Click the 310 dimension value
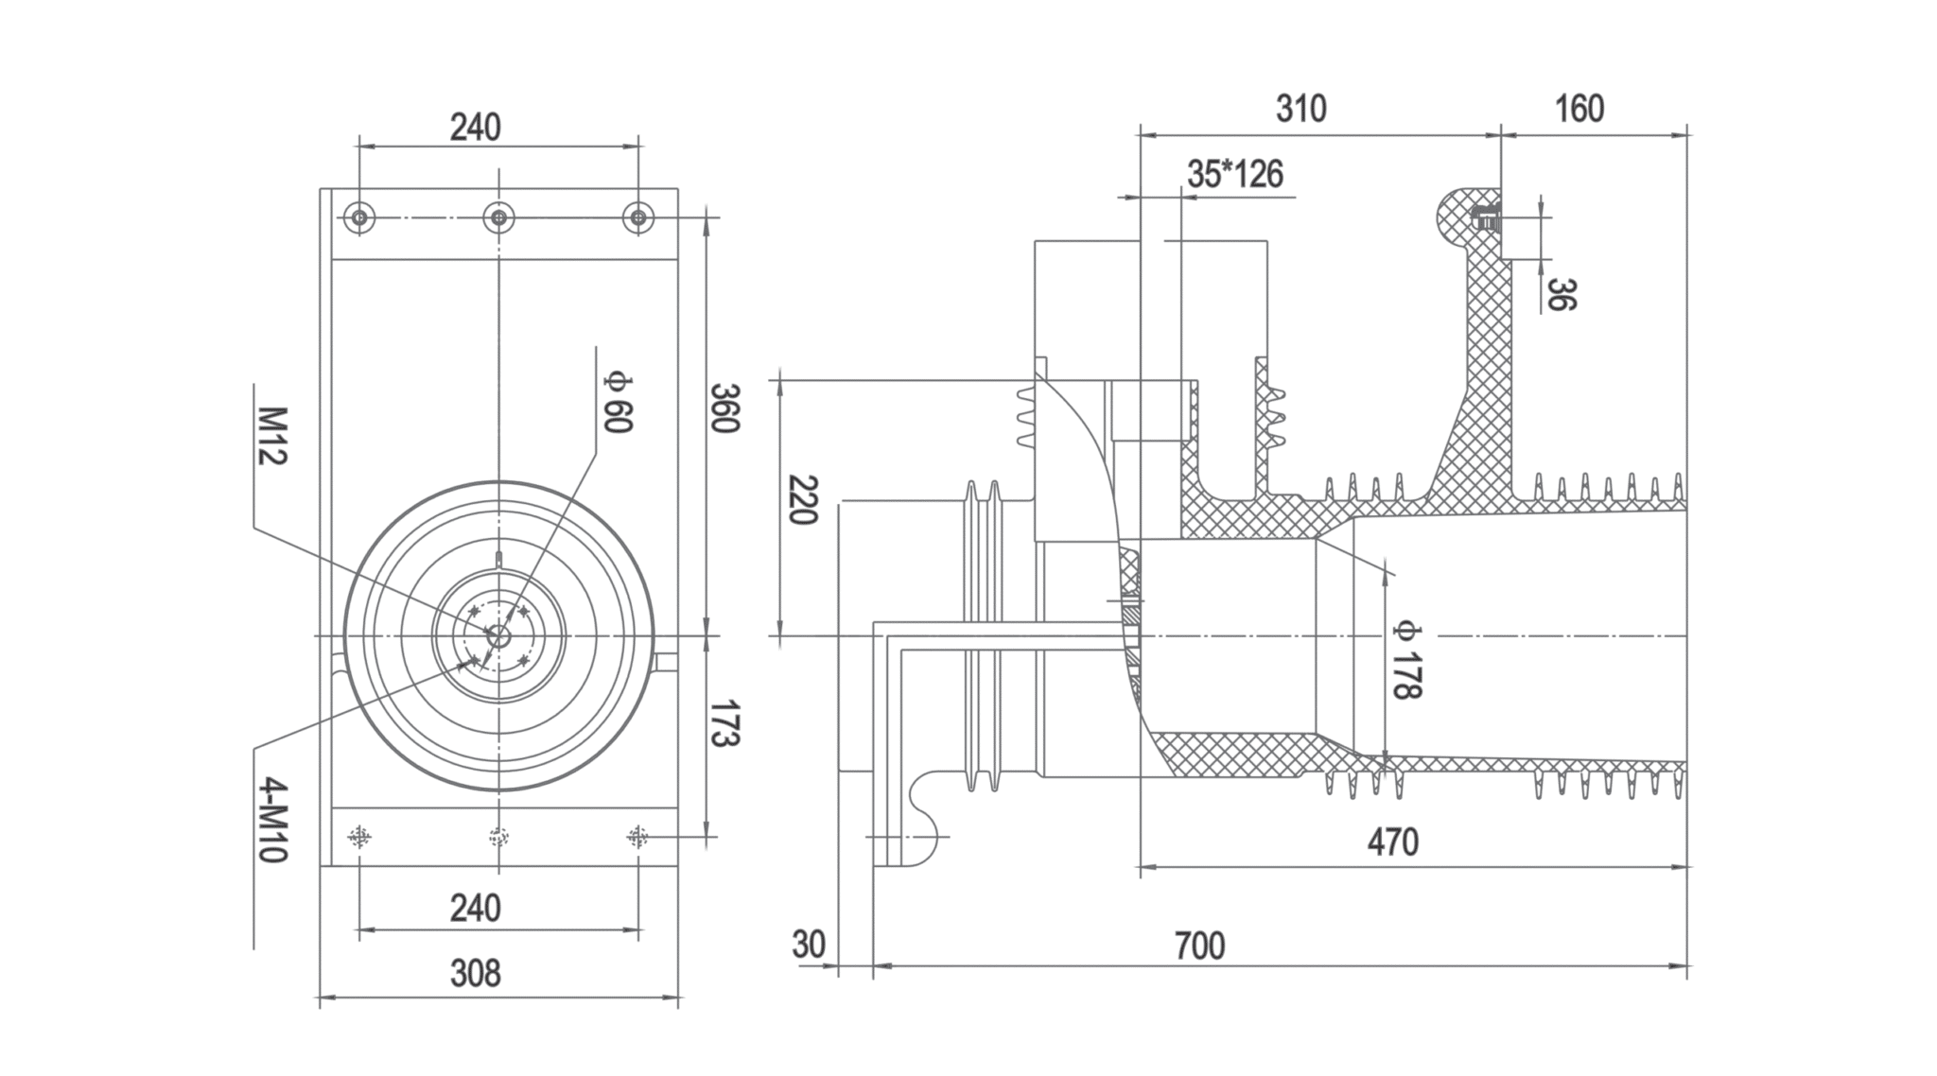[x=1300, y=110]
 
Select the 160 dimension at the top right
[x=1579, y=110]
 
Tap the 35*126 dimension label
[x=1235, y=175]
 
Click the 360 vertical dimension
[x=724, y=408]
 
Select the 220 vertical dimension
[x=802, y=501]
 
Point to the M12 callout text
[x=271, y=436]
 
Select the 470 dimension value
[x=1392, y=842]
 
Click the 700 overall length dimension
[x=1199, y=946]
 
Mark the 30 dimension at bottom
[x=809, y=945]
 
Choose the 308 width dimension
[x=475, y=973]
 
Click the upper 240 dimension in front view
[x=475, y=127]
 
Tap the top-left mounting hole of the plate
[x=359, y=218]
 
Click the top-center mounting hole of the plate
[x=498, y=218]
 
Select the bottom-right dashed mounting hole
[x=638, y=837]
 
